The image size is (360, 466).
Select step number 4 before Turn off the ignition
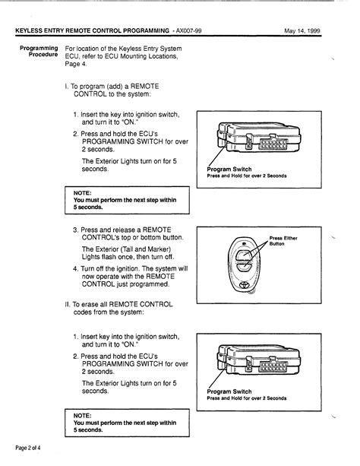click(76, 268)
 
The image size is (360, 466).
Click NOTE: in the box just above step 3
click(84, 192)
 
